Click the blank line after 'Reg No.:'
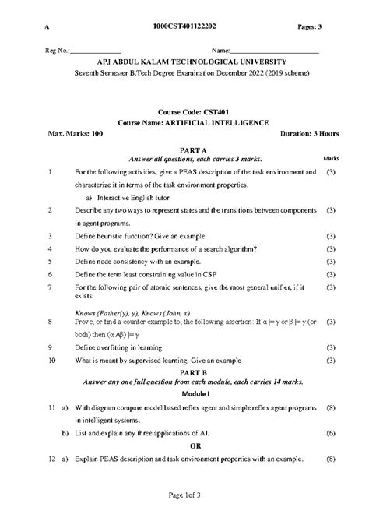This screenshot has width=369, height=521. pos(96,52)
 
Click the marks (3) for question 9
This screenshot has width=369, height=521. pos(331,347)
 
